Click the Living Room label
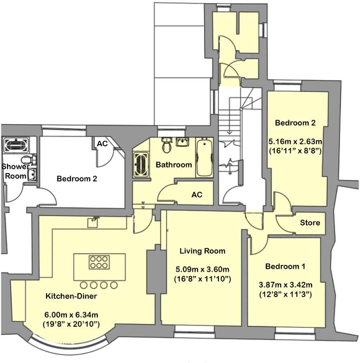click(x=202, y=251)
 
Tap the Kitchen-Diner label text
click(x=71, y=296)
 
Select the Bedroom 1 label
click(x=285, y=267)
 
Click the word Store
click(x=310, y=223)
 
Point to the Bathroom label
click(x=174, y=165)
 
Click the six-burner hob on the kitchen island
click(x=98, y=262)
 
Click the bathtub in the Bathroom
click(x=204, y=158)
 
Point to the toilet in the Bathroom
click(x=167, y=145)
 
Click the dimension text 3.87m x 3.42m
click(x=285, y=285)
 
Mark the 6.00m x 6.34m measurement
click(x=71, y=314)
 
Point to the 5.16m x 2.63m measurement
click(x=295, y=142)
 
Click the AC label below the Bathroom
click(x=197, y=195)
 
